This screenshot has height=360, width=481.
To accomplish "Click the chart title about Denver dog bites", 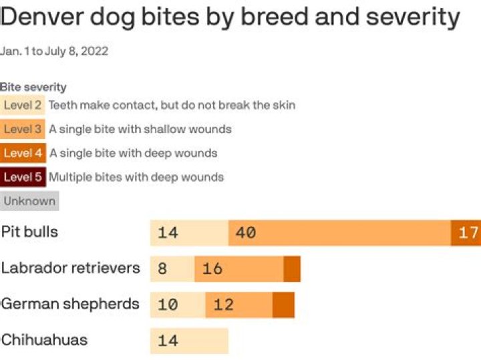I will coord(230,18).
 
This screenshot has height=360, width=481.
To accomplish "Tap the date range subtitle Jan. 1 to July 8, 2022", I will coord(54,51).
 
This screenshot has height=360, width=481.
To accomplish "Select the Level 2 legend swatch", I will coord(23,105).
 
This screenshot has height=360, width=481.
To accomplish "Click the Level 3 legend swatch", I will coord(23,129).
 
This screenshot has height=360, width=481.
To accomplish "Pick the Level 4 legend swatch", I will coord(23,153).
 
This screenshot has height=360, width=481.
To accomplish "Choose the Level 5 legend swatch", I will coord(23,177).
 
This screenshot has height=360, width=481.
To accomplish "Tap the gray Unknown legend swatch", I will coord(29,201).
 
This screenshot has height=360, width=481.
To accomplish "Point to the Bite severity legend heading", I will coord(33,87).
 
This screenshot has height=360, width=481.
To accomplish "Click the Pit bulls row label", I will coord(29,232).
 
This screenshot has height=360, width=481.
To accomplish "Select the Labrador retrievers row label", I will coord(70,268).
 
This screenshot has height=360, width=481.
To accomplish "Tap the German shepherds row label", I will coord(70,304).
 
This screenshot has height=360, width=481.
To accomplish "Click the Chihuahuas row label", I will coord(44,340).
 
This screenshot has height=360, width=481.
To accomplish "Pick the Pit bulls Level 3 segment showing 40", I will coord(339,232).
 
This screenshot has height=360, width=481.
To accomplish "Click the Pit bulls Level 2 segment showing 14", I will coord(189,232).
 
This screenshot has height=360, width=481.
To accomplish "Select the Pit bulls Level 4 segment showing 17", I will coord(466,232).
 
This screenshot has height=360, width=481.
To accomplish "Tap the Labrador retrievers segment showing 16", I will coord(239,268).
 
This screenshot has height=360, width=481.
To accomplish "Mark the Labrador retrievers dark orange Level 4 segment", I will coord(292,268).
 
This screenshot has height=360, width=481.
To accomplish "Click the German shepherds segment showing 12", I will coord(238,304).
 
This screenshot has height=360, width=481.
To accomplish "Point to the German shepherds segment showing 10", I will coord(178,304).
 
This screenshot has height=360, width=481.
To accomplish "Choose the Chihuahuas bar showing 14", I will coord(189,340).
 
